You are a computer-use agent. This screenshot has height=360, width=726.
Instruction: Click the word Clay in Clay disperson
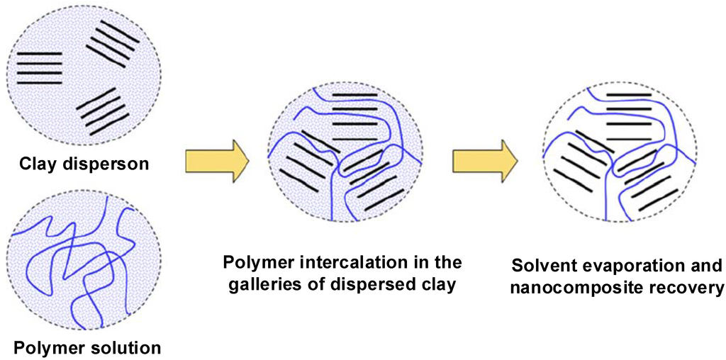pyautogui.click(x=38, y=164)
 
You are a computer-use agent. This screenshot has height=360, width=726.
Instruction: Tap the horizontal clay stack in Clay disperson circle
pyautogui.click(x=39, y=67)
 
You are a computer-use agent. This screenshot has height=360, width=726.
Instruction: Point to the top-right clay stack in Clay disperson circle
pyautogui.click(x=112, y=43)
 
